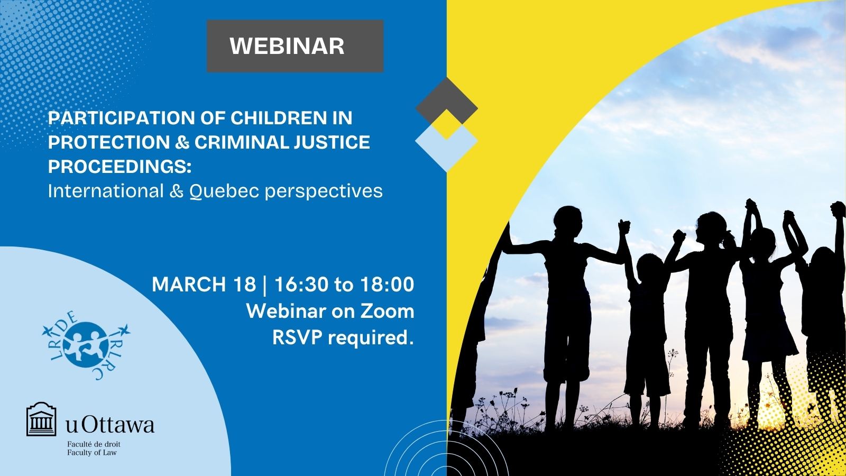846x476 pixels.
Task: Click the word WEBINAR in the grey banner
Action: point(287,45)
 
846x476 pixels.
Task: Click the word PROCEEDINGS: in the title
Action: point(119,167)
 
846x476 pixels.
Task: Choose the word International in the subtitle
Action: point(106,191)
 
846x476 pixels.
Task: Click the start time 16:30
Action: point(301,284)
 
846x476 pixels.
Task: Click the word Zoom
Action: point(387,311)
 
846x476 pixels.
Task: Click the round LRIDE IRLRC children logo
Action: point(86,345)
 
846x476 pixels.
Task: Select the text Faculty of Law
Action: point(92,453)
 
